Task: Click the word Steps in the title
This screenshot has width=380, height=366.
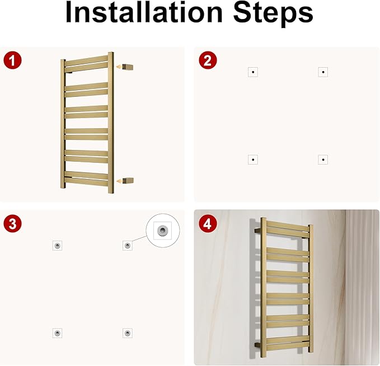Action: pos(273,14)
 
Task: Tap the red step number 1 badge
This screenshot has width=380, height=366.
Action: pos(13,60)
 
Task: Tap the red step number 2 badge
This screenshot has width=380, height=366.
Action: pos(208,60)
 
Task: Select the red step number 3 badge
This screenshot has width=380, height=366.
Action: pos(13,224)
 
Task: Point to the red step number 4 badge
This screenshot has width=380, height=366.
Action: pos(208,224)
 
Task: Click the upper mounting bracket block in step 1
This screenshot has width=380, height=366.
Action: pos(128,67)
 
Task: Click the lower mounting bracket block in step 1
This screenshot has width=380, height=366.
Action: pos(128,181)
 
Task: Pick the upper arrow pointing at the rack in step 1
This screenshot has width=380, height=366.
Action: pos(119,67)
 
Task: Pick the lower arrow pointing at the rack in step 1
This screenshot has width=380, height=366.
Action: pos(119,181)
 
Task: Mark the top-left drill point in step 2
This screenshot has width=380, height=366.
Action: pos(253,72)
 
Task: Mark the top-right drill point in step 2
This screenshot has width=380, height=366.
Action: pos(323,72)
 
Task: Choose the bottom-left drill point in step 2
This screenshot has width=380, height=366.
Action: pos(253,159)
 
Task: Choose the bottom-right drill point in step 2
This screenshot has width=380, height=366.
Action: pos(323,159)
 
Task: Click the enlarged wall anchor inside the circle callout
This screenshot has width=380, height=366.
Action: pos(163,231)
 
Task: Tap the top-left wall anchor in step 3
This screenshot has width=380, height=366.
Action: pos(58,246)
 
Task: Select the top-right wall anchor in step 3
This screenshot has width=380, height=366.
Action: pos(128,246)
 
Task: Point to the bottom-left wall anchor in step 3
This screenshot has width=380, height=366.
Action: pos(58,333)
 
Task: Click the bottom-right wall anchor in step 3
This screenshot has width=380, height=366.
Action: pos(128,333)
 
